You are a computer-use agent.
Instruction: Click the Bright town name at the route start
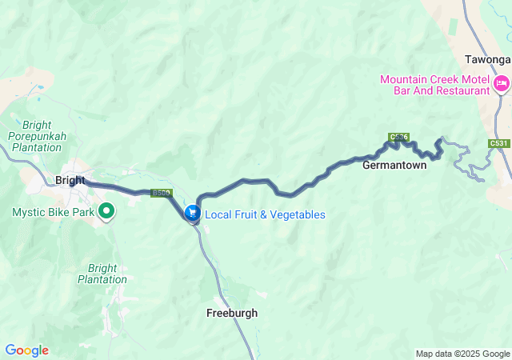70,180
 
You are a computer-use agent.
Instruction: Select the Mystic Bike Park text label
53,212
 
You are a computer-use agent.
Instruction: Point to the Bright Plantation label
102,274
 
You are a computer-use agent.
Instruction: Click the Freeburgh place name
232,313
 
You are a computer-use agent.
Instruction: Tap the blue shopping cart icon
193,214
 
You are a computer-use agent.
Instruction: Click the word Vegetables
296,214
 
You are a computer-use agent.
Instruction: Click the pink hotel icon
502,84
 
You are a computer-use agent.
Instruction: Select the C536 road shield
398,138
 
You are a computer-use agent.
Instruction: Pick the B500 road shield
161,193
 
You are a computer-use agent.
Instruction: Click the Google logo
26,350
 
